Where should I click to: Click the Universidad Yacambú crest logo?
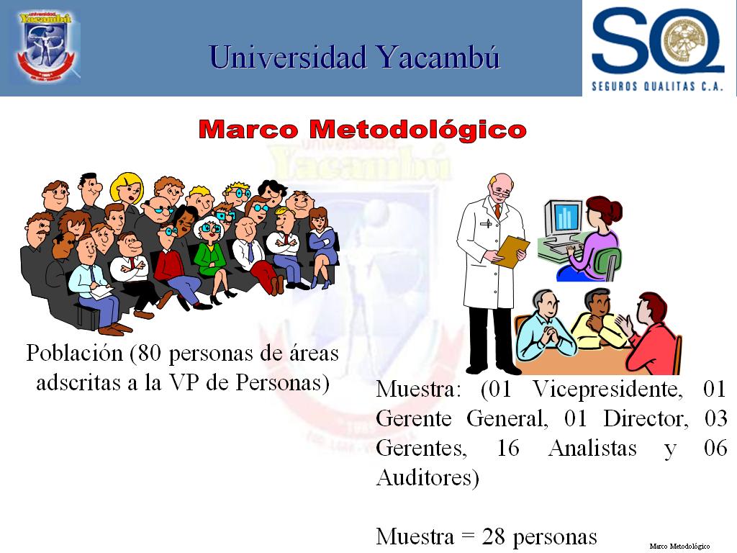pos(46,46)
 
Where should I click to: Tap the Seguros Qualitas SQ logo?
pos(658,48)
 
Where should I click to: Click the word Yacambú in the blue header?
pos(438,58)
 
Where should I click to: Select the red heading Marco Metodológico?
pos(362,130)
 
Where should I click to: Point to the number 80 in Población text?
pos(149,353)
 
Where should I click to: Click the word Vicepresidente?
pos(607,390)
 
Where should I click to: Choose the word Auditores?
pos(428,478)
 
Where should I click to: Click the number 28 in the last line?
pos(493,536)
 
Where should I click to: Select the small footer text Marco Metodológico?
pos(679,546)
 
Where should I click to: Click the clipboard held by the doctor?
pos(512,251)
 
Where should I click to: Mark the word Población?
pos(74,353)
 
